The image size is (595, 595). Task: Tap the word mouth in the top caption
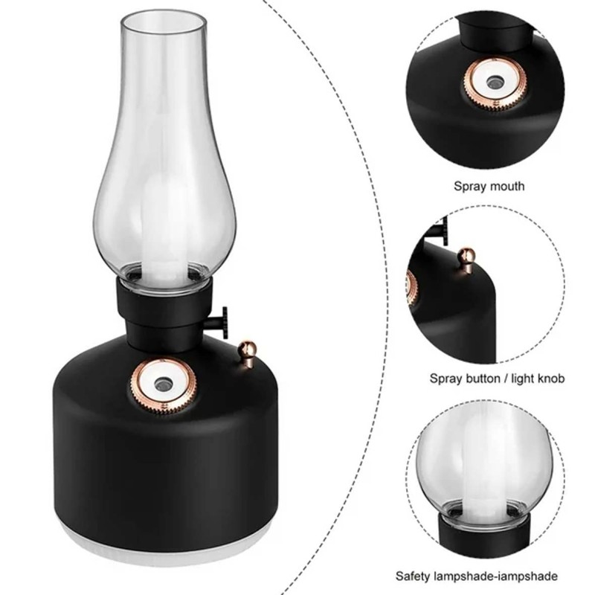click(x=505, y=186)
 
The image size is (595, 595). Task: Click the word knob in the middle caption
click(x=551, y=379)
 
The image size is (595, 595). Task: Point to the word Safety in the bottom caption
click(x=413, y=576)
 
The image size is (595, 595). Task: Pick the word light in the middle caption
click(x=523, y=379)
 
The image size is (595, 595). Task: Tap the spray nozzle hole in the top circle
click(x=494, y=81)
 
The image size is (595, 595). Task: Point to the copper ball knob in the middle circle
click(x=466, y=259)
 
